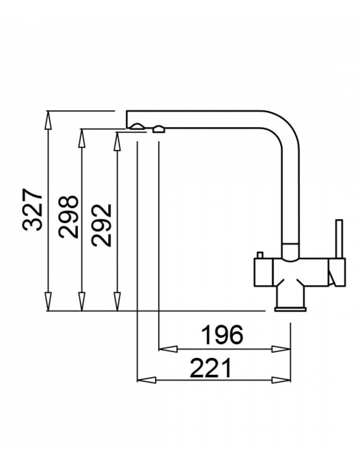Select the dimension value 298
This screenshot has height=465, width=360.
(68, 217)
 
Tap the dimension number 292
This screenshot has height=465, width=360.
(101, 225)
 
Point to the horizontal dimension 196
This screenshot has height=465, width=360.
(223, 334)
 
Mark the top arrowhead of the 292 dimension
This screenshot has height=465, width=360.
(117, 142)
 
